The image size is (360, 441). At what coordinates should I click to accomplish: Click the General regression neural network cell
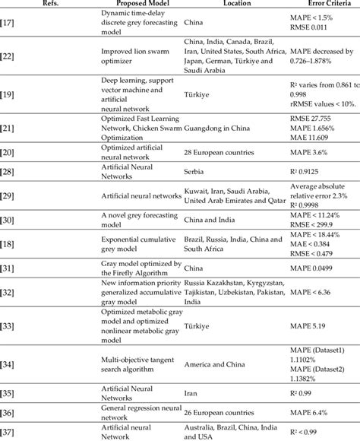[x=137, y=411]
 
